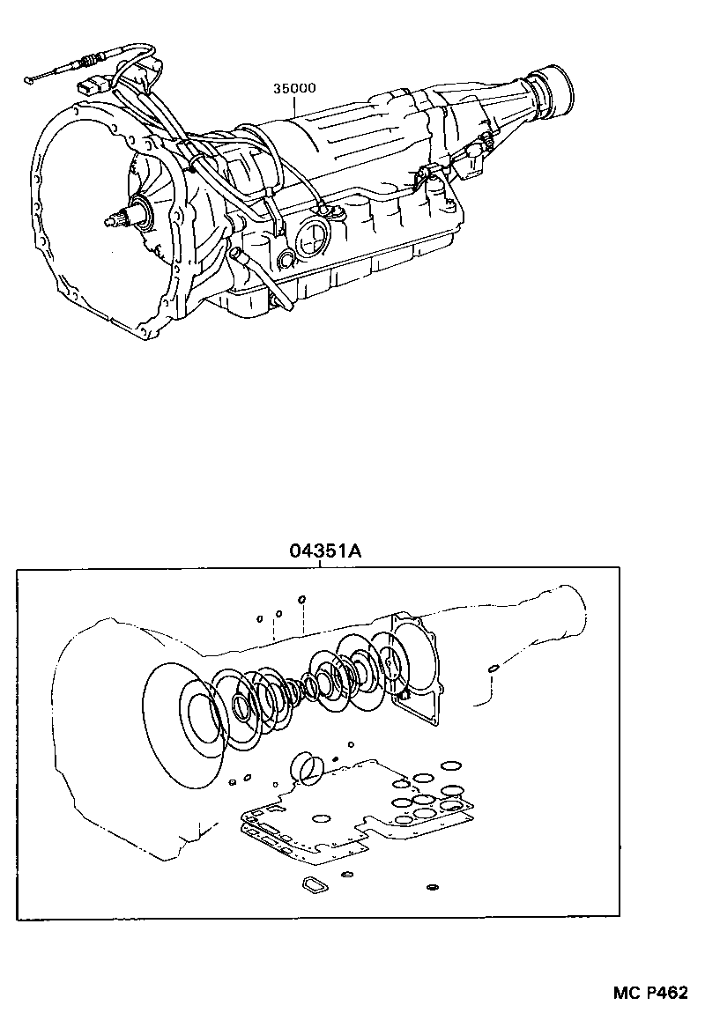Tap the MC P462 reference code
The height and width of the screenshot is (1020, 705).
pyautogui.click(x=650, y=993)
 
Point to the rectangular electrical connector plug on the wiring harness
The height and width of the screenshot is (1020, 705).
pyautogui.click(x=90, y=88)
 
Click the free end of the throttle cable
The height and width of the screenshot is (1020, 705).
pyautogui.click(x=31, y=80)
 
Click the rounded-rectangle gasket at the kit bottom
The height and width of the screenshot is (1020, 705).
pyautogui.click(x=314, y=883)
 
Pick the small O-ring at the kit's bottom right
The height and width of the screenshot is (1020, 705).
pyautogui.click(x=432, y=885)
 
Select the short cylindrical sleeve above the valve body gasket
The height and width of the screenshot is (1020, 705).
pyautogui.click(x=308, y=768)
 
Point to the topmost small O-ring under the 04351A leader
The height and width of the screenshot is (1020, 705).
pyautogui.click(x=301, y=599)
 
